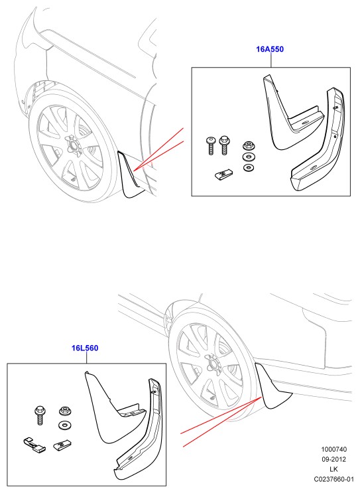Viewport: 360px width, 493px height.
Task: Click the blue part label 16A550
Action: coord(270,49)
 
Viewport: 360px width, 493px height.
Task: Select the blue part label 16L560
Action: coord(85,348)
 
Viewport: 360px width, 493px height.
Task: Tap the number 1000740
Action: coord(333,450)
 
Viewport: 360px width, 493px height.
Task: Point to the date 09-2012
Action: coord(333,459)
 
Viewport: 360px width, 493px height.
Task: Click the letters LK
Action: coord(333,469)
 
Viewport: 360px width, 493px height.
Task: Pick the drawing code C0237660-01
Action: coord(333,479)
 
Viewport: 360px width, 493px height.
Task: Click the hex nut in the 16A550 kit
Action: coord(249,146)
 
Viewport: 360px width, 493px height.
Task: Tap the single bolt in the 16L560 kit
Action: coord(40,415)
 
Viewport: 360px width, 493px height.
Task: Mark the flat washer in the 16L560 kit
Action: coord(64,425)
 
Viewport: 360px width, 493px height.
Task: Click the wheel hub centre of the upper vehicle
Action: coord(73,145)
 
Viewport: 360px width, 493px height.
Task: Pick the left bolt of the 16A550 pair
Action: coord(210,145)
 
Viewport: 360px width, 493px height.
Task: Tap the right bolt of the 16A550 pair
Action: coord(224,145)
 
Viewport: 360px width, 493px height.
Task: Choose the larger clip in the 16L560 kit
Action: coord(34,445)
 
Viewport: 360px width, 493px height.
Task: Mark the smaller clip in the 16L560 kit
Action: coord(62,445)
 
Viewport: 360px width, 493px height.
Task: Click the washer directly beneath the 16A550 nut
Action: coord(249,157)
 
